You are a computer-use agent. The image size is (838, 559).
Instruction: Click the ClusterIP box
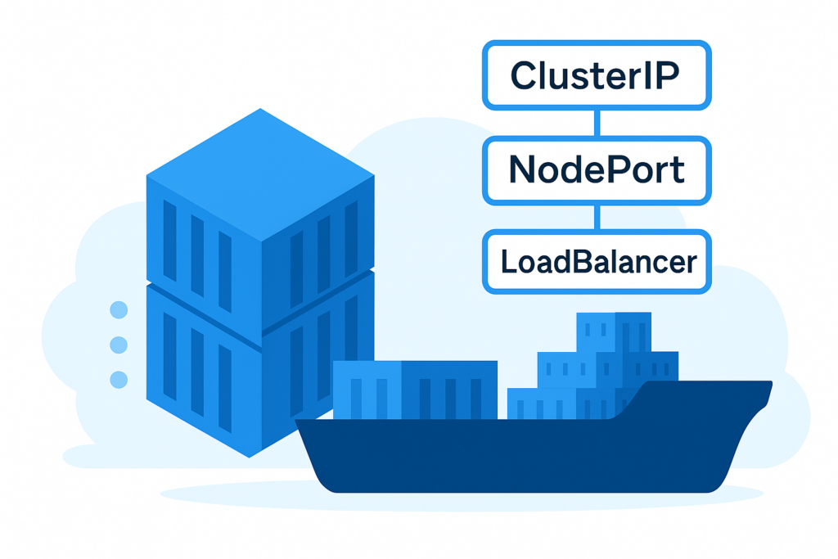(x=597, y=75)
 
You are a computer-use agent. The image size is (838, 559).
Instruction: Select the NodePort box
(x=597, y=170)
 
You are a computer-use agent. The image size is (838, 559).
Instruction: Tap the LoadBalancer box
(x=597, y=262)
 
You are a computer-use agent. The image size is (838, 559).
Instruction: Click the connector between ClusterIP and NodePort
(x=597, y=123)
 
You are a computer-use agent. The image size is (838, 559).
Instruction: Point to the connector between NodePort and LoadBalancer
(x=597, y=216)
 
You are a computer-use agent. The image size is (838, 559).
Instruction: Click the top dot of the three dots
(x=119, y=310)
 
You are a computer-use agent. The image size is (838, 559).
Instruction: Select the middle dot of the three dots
(x=119, y=345)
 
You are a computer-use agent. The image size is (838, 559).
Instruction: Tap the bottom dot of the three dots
(x=119, y=379)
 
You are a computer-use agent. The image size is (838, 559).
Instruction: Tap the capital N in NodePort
(x=525, y=170)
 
